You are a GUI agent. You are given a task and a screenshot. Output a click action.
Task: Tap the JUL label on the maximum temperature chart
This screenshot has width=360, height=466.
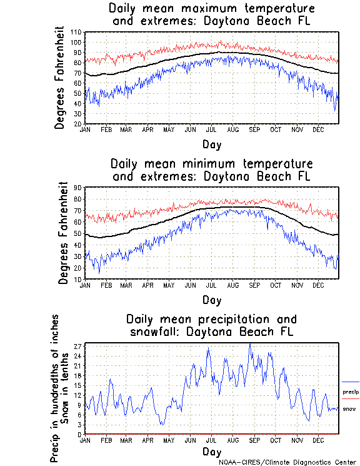[211, 129]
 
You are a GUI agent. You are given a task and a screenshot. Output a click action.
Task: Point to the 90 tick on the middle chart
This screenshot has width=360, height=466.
[78, 187]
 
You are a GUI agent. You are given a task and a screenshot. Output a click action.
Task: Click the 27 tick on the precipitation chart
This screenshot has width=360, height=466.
[78, 345]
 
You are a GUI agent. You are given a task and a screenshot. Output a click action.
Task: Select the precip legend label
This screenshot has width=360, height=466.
[351, 392]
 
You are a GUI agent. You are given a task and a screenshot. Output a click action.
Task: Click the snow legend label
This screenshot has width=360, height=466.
[349, 408]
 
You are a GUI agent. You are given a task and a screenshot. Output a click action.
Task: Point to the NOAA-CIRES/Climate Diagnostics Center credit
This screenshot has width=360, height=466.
[287, 462]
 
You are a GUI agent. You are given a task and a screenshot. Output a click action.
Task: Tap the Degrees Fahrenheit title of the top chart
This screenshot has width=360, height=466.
[60, 77]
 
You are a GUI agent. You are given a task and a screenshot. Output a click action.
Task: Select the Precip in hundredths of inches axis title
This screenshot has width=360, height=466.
[56, 388]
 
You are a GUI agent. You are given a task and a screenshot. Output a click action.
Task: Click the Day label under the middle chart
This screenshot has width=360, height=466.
[211, 300]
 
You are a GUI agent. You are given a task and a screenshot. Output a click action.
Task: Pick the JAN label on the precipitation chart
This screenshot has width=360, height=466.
[86, 440]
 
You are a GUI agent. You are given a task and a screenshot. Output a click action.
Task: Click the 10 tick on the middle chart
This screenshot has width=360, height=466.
[78, 279]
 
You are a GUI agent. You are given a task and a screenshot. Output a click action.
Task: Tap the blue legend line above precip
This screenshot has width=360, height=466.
[351, 382]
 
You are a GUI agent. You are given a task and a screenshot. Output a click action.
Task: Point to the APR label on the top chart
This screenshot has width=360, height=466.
[147, 129]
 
